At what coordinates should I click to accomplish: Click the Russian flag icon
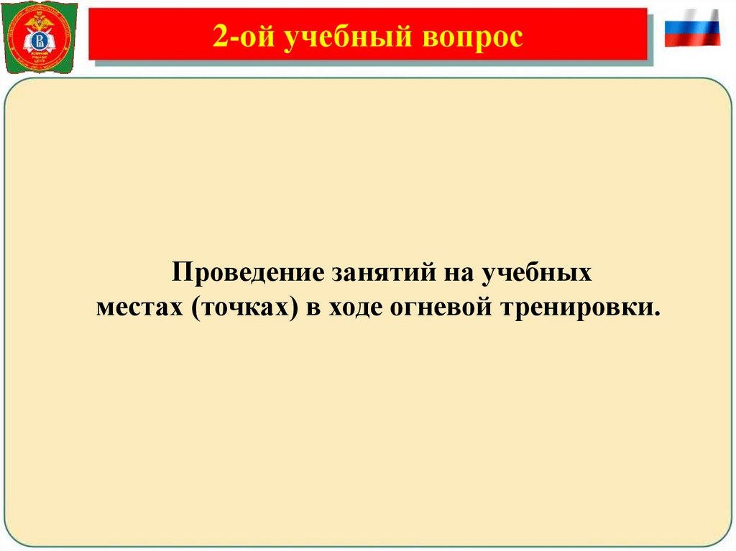(x=691, y=28)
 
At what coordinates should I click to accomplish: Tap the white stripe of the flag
(x=691, y=15)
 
